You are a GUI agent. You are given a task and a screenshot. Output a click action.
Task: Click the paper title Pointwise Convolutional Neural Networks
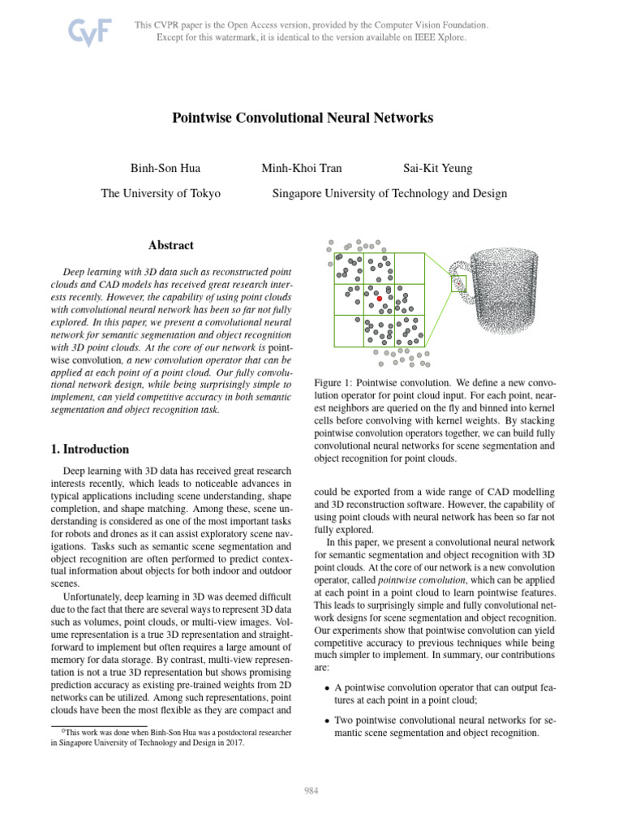303,118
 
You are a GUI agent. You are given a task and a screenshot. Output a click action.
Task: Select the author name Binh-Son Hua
165,169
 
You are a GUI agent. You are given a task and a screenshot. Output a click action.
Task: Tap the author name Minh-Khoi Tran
301,169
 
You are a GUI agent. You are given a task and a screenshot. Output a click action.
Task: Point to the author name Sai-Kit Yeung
437,169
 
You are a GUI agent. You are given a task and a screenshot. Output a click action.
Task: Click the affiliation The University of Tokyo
161,193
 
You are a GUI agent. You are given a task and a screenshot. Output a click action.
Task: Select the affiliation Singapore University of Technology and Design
389,193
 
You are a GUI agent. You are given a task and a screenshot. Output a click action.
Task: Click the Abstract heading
171,245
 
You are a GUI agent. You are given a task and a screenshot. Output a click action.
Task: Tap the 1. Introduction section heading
85,449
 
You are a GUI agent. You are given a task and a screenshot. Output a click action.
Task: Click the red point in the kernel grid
379,299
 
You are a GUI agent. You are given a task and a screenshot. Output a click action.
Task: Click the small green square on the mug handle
459,282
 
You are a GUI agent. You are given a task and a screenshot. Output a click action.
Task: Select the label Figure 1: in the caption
333,381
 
